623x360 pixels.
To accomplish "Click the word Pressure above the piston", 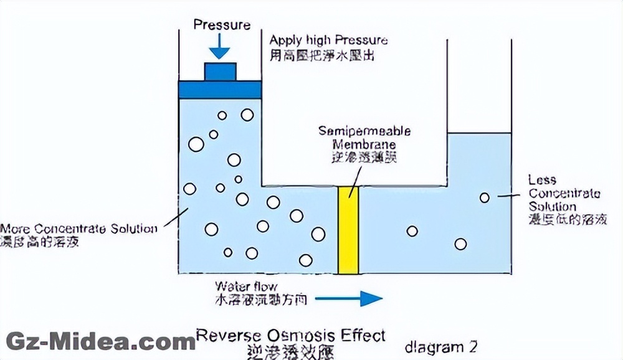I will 222,25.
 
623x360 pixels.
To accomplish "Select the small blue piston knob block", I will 220,72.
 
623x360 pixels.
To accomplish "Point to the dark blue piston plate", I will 220,90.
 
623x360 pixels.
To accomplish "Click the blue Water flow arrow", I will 349,299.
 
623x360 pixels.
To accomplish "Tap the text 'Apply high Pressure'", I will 328,40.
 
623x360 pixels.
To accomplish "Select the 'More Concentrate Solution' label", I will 79,228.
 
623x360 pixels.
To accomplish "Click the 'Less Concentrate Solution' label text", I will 564,193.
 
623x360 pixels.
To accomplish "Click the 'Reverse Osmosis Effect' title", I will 291,336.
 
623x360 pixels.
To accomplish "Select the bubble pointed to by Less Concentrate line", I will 484,198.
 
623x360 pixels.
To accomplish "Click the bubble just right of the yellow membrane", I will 412,231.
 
